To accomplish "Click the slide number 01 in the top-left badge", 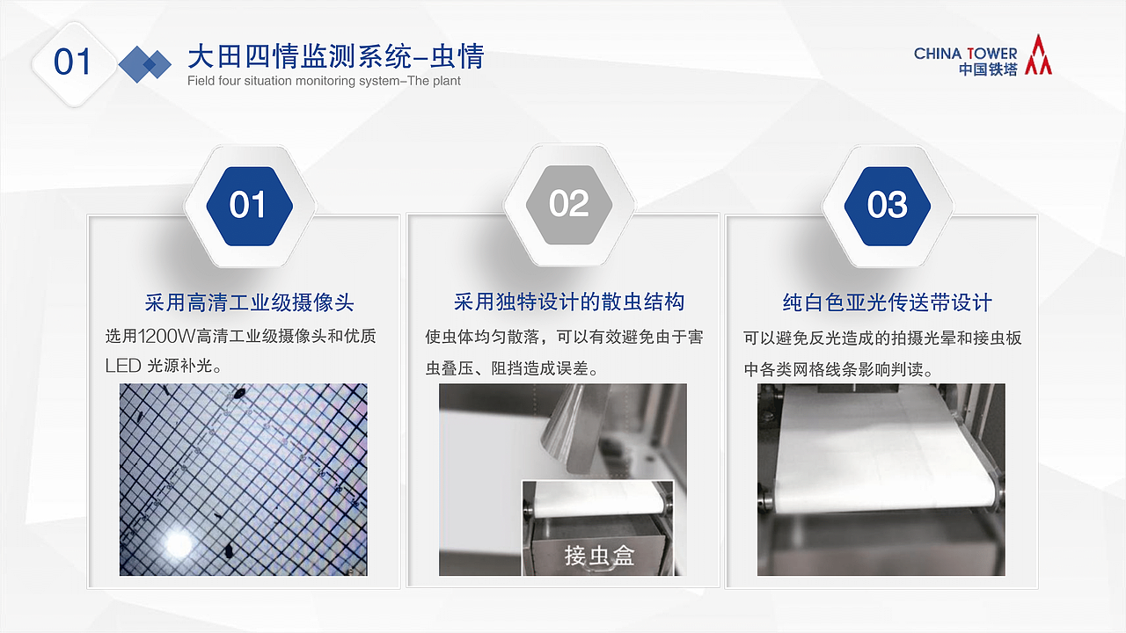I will (x=73, y=62).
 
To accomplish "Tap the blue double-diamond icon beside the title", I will (x=145, y=63).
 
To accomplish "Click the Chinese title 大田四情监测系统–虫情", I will (x=335, y=57).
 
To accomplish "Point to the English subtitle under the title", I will (x=324, y=81).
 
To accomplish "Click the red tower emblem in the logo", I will (x=1038, y=55).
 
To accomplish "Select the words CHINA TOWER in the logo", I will (x=965, y=54).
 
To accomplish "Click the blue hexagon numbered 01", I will (x=248, y=205).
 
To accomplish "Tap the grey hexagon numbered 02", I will (x=568, y=204).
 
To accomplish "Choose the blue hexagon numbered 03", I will (x=887, y=205).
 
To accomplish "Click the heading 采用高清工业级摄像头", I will (x=249, y=302).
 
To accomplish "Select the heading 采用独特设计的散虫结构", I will (x=568, y=302).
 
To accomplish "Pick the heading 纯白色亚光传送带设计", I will (x=887, y=302).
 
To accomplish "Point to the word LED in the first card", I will (x=122, y=366).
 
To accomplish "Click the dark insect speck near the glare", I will (x=227, y=551).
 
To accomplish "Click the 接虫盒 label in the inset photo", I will (x=599, y=556).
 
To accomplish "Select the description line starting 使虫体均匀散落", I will (x=564, y=337).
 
